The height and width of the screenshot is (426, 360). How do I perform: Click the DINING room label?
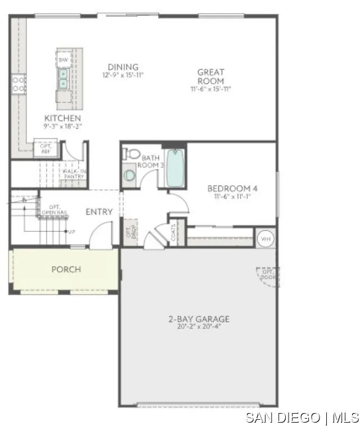pyautogui.click(x=123, y=67)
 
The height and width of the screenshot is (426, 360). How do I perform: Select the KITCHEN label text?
pyautogui.click(x=62, y=118)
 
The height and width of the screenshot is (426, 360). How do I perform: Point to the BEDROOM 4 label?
pyautogui.click(x=232, y=189)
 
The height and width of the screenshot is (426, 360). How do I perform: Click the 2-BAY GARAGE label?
pyautogui.click(x=199, y=319)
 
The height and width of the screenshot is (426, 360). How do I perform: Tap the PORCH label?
pyautogui.click(x=66, y=269)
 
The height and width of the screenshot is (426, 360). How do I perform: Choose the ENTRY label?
pyautogui.click(x=99, y=212)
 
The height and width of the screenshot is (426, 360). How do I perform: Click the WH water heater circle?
pyautogui.click(x=265, y=239)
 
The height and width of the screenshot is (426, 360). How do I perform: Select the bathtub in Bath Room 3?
pyautogui.click(x=175, y=168)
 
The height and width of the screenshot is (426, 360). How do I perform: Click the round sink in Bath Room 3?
pyautogui.click(x=129, y=176)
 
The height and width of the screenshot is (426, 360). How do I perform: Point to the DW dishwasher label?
pyautogui.click(x=64, y=59)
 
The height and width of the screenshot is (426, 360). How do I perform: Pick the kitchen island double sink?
pyautogui.click(x=64, y=79)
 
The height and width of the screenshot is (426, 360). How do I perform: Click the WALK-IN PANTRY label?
pyautogui.click(x=74, y=173)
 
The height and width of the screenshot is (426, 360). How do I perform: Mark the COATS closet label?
pyautogui.click(x=174, y=232)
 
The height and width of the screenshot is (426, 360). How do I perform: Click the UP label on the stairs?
pyautogui.click(x=71, y=231)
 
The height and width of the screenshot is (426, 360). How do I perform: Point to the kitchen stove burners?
pyautogui.click(x=19, y=85)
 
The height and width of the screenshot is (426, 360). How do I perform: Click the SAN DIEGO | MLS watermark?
pyautogui.click(x=302, y=417)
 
